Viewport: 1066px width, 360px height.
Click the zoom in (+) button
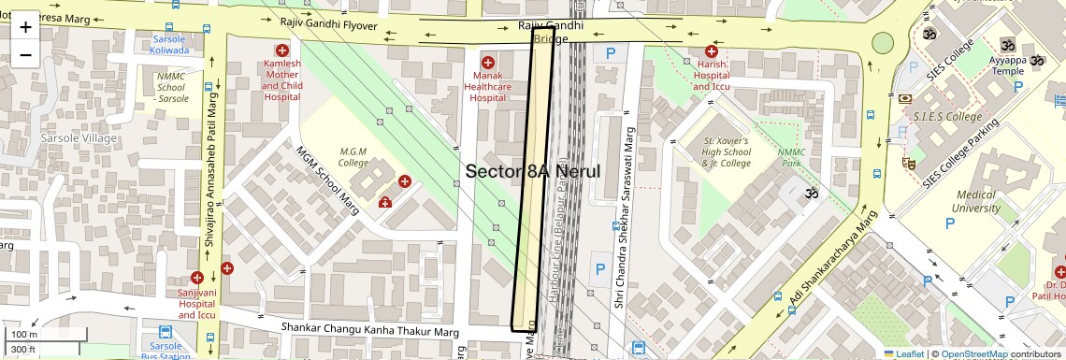[x=25, y=27]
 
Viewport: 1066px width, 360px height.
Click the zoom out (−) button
[x=25, y=54]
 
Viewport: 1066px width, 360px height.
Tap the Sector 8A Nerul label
[x=532, y=171]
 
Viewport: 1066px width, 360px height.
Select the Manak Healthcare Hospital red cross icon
[x=487, y=63]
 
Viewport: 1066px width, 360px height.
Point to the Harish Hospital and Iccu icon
[x=711, y=52]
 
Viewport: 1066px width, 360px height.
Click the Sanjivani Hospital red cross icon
[x=197, y=278]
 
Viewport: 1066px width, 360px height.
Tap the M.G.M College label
[x=353, y=157]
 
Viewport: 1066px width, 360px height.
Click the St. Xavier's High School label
[x=727, y=152]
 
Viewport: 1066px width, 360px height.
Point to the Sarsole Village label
[x=79, y=138]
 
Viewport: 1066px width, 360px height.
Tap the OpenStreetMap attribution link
[x=974, y=353]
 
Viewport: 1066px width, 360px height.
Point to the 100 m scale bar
[x=25, y=335]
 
